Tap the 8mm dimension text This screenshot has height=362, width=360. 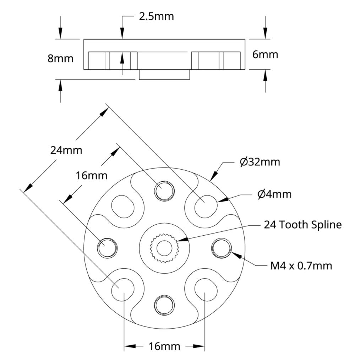(60, 59)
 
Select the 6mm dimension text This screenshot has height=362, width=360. (265, 54)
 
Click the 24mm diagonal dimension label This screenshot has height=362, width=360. (66, 150)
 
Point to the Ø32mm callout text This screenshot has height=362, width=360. (260, 162)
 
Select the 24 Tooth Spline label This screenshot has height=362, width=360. (302, 225)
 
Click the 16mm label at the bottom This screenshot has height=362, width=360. (164, 346)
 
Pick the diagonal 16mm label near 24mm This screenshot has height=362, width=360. (92, 175)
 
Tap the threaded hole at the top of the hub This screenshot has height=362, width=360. (164, 191)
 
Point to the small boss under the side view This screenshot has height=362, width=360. (164, 75)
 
